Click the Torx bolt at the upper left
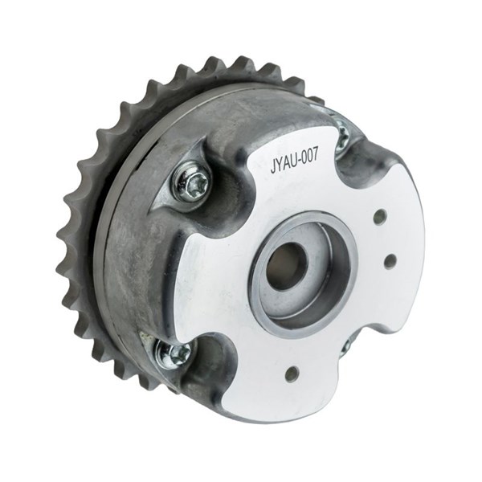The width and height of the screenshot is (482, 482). point(193,186)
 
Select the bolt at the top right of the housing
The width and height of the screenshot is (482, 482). point(342,135)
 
